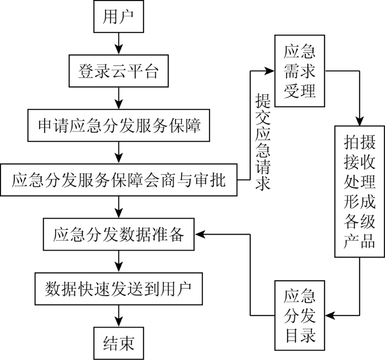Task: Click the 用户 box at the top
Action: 119,16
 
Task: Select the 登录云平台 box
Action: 119,71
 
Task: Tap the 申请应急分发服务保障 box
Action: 119,125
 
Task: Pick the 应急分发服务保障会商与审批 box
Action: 119,180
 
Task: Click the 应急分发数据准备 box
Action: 119,234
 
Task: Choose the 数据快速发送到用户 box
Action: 119,289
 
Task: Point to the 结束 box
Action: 119,344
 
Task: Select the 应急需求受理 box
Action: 300,71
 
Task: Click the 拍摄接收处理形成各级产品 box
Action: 360,192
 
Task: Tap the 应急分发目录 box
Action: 300,315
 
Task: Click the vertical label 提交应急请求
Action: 262,142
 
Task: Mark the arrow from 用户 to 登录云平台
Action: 119,43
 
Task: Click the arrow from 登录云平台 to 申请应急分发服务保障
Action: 119,98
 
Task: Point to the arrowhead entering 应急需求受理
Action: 269,71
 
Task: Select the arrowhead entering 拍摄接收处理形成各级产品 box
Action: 360,121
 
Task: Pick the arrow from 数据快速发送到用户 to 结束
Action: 119,316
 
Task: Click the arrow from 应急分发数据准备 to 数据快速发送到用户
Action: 119,262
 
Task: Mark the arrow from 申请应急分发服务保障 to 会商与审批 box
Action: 119,153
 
